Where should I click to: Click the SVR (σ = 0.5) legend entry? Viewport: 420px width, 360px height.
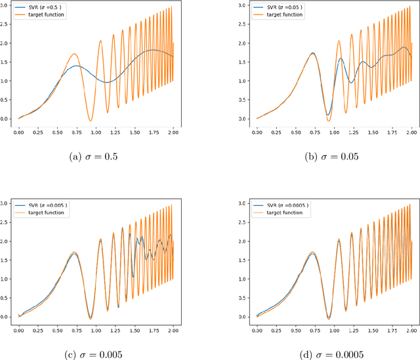click(47, 7)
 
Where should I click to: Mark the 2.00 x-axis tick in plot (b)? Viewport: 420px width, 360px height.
click(411, 131)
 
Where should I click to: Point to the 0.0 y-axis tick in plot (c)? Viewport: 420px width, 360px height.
click(5, 317)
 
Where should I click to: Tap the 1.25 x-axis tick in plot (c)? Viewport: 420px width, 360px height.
click(115, 329)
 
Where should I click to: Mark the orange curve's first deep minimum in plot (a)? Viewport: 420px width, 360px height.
click(90, 121)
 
